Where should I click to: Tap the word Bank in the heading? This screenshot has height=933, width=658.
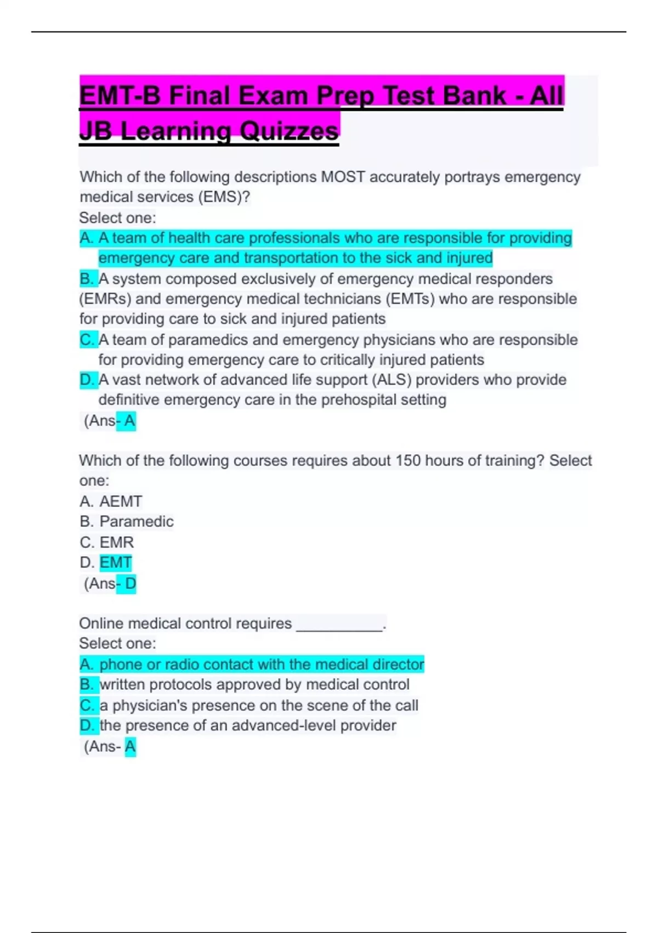[x=474, y=96]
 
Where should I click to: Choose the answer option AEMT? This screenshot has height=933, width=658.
[x=121, y=502]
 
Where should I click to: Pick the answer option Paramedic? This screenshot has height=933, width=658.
[x=137, y=521]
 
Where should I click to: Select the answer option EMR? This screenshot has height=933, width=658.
[x=116, y=542]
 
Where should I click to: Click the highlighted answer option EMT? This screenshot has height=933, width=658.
[x=115, y=563]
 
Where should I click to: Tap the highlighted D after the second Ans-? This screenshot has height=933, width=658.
[x=130, y=583]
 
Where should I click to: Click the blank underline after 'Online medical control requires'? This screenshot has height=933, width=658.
[x=339, y=625]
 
